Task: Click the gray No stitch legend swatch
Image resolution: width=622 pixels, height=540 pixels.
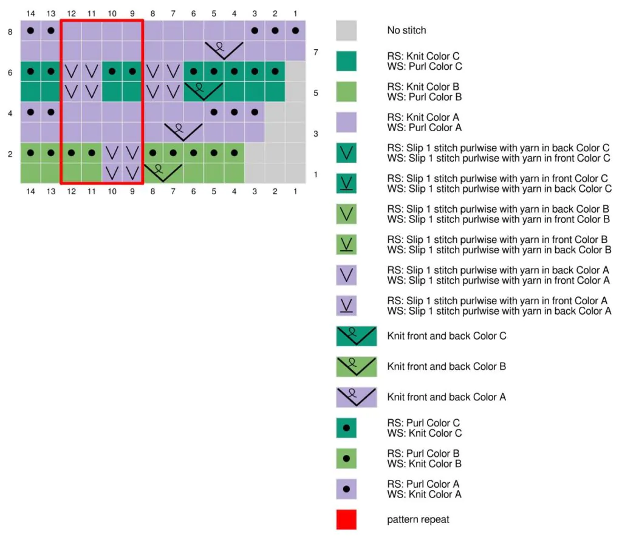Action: coord(346,30)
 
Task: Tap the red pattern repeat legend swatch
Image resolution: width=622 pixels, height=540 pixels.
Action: coord(346,519)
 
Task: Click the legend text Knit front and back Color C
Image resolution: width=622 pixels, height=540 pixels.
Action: coord(446,336)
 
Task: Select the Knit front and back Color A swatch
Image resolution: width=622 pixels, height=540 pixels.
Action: coord(356,397)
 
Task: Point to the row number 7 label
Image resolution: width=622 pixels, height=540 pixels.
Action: coord(316,53)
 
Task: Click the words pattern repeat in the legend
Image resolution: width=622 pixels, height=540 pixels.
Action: coord(419,520)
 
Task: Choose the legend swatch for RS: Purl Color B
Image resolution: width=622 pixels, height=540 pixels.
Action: coord(346,459)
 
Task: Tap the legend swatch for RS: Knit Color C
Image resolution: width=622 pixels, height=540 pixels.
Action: coord(346,61)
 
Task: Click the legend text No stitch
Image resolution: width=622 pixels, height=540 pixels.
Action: coord(406,30)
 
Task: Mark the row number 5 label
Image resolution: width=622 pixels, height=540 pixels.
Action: coord(316,93)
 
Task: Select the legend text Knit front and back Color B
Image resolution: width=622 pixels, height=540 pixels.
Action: coord(446,366)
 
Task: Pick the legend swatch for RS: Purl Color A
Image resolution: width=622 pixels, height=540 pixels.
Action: coord(346,489)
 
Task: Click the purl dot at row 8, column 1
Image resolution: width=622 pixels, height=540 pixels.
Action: coord(295,30)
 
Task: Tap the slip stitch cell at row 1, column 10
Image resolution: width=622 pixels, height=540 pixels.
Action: coord(112,173)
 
